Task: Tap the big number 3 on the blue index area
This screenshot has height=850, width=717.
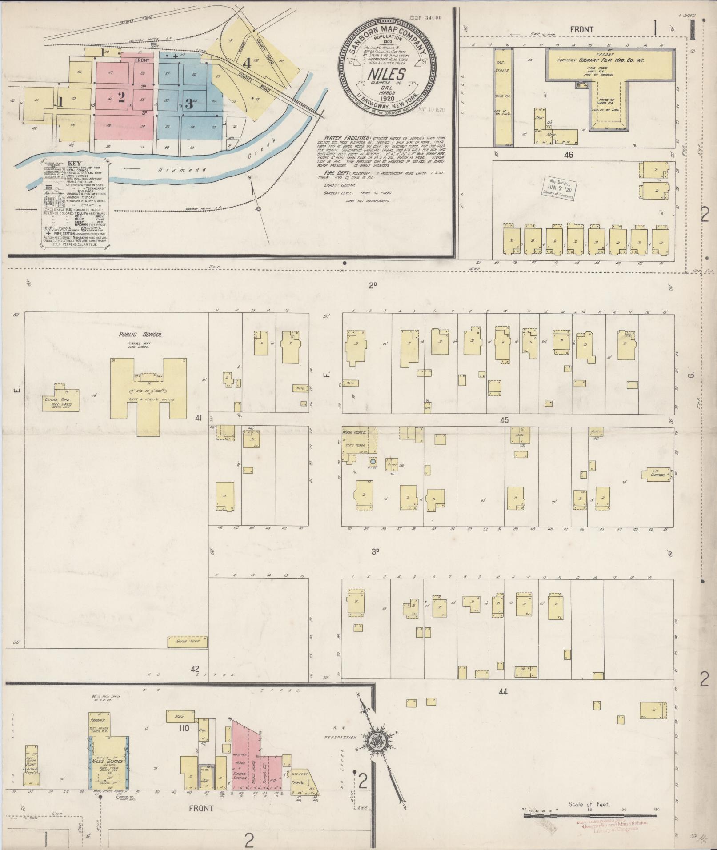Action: [x=189, y=104]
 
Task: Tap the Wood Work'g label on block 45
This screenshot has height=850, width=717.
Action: [x=353, y=432]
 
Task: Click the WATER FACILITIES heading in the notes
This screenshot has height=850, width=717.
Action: [x=341, y=138]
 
